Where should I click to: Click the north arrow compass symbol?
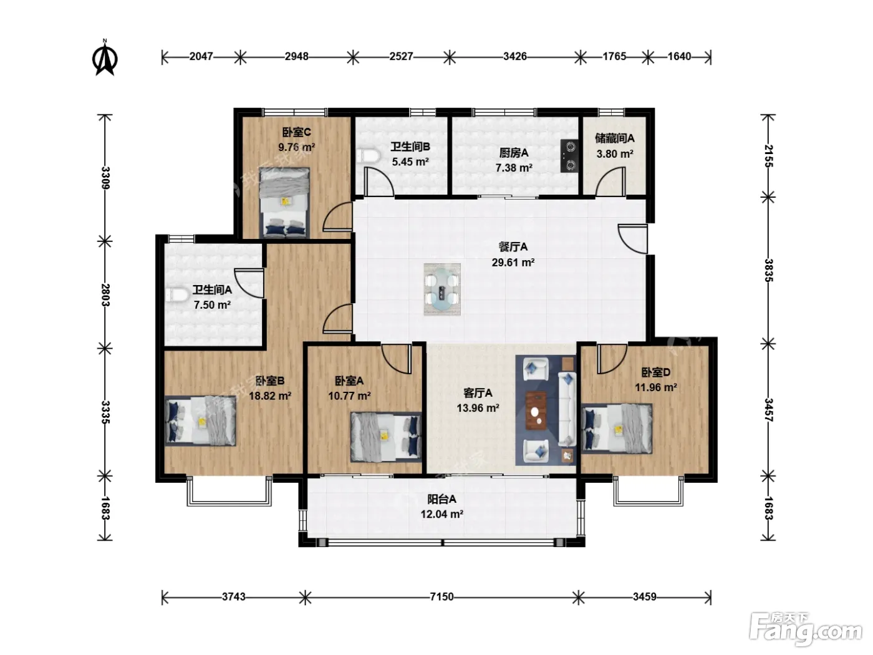tap(105, 58)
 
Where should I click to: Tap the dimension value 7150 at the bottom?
tap(441, 596)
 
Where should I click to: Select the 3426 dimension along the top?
tap(514, 57)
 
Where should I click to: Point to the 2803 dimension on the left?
tap(105, 294)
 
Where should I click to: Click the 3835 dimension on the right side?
tap(768, 270)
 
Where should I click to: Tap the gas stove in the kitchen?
tap(569, 155)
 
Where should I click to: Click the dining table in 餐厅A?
tap(442, 289)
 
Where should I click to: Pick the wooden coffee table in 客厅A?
tap(536, 410)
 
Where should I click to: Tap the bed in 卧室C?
tap(284, 203)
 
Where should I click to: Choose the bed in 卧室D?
tap(617, 429)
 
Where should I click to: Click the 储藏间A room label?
tap(614, 138)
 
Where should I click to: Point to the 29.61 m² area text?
tap(513, 263)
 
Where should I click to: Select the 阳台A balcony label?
tap(441, 499)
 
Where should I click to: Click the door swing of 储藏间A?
tap(610, 182)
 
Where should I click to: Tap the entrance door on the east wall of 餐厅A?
tap(633, 239)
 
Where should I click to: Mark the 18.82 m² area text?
tap(270, 396)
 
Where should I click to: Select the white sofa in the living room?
tap(567, 409)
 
